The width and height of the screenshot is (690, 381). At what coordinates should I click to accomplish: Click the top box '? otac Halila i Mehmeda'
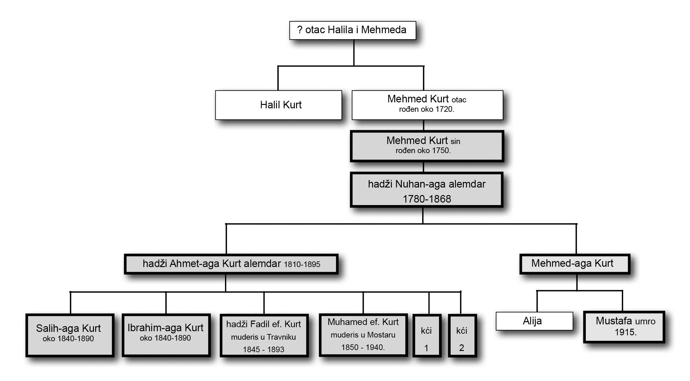(x=352, y=30)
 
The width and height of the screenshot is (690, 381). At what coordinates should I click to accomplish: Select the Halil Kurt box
(x=278, y=105)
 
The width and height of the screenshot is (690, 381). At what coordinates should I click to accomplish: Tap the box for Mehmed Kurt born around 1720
(x=427, y=105)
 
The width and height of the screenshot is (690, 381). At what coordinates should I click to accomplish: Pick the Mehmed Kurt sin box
(x=427, y=146)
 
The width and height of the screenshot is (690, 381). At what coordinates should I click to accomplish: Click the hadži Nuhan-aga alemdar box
(x=427, y=190)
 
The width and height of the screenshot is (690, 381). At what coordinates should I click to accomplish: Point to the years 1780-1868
(x=427, y=199)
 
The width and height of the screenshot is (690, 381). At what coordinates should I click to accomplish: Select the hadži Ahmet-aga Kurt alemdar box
(x=231, y=264)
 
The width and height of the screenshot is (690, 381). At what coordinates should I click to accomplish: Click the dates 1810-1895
(x=302, y=265)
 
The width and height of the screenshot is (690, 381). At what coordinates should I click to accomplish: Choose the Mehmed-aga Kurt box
(x=575, y=264)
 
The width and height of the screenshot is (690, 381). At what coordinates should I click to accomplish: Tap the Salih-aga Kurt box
(x=69, y=335)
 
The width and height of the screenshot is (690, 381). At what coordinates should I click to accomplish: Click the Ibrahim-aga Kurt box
(x=166, y=335)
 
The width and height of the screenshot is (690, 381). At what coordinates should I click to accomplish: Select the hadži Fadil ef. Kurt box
(x=264, y=335)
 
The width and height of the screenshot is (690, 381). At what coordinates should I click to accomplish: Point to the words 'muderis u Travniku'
(x=263, y=337)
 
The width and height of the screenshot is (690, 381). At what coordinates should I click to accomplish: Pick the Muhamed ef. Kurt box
(x=363, y=335)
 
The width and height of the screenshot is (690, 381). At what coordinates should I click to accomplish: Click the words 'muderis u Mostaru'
(x=363, y=335)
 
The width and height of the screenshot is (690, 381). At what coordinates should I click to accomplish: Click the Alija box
(x=534, y=321)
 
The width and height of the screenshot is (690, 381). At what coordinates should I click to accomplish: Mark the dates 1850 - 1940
(x=363, y=348)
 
